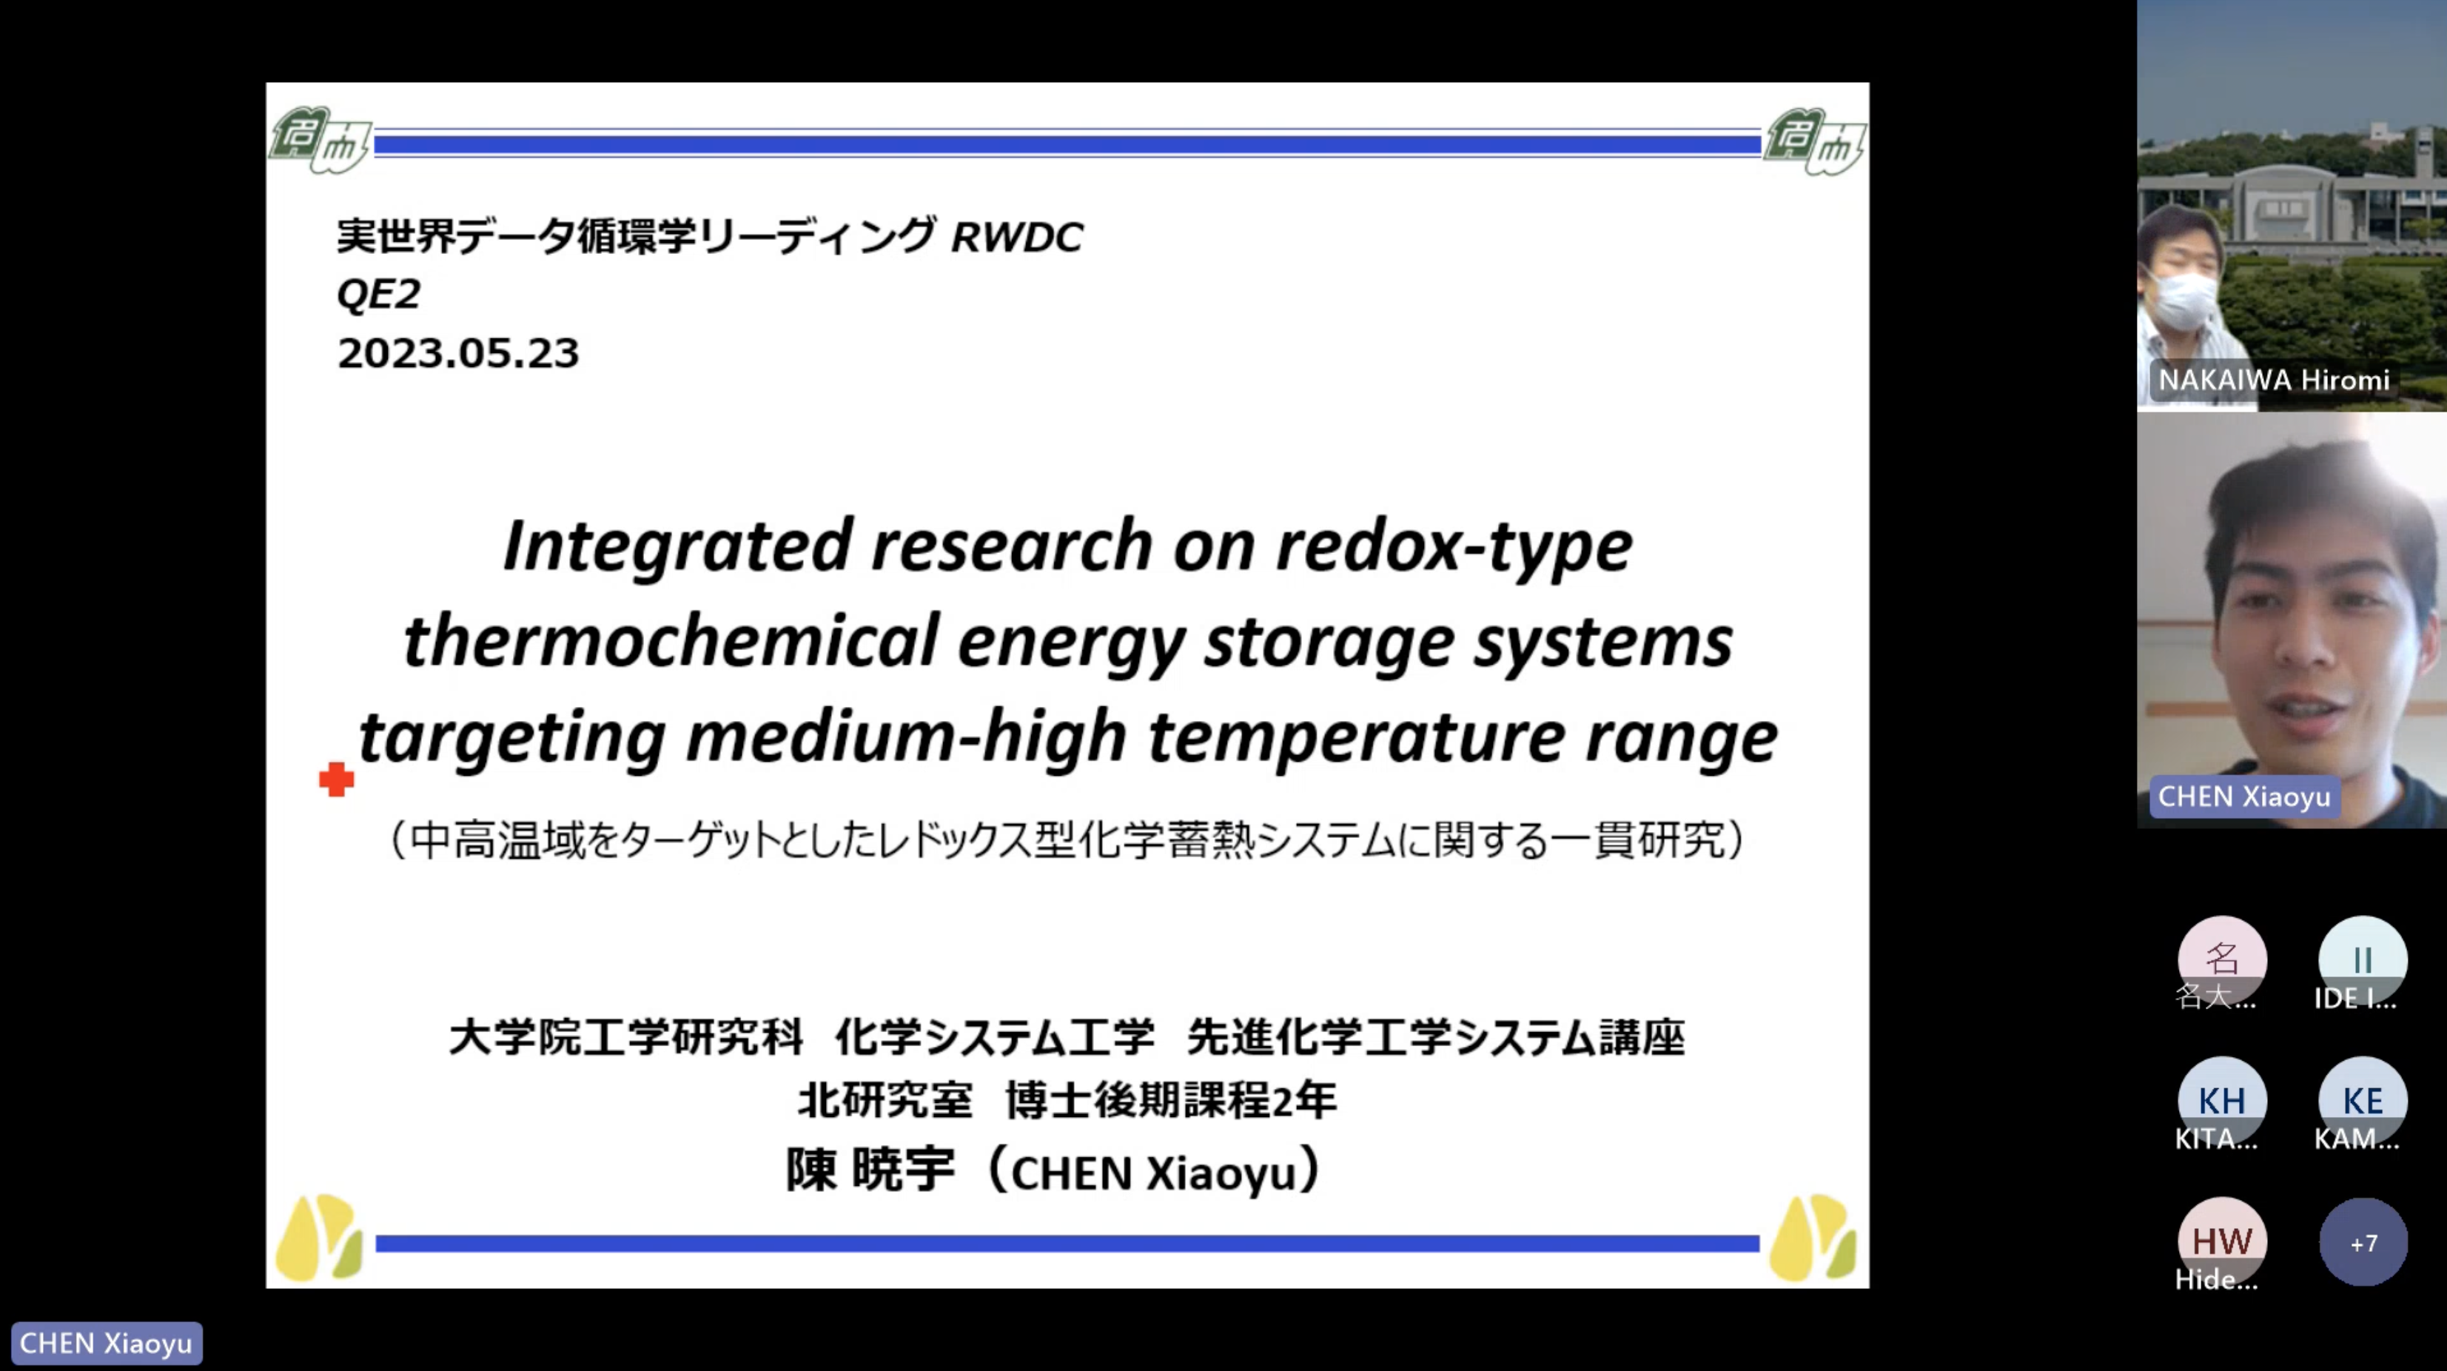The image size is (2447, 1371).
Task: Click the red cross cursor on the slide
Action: click(336, 779)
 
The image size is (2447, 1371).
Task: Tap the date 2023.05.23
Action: click(458, 353)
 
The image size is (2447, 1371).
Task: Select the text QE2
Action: click(378, 295)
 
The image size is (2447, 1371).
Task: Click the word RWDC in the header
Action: click(1016, 238)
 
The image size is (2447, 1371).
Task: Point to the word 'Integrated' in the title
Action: click(677, 547)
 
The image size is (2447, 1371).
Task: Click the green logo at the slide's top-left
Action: click(319, 140)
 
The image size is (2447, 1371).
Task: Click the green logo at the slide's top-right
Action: click(1813, 141)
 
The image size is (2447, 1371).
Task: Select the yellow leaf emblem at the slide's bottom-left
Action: click(318, 1237)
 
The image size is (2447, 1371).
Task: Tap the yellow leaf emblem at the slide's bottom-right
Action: click(1813, 1237)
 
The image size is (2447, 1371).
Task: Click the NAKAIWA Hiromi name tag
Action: click(2273, 380)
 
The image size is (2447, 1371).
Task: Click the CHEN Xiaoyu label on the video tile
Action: click(2243, 797)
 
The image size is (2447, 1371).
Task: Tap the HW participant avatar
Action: click(2222, 1241)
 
